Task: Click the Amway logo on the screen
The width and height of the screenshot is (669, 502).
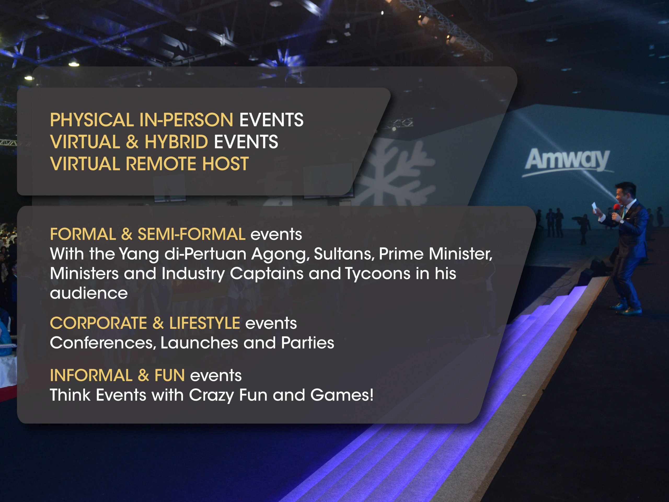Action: click(x=568, y=161)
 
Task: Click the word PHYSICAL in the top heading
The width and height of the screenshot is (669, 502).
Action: click(x=92, y=120)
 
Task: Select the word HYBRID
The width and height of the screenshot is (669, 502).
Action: click(x=176, y=142)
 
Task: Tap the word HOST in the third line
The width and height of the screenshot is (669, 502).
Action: click(x=225, y=164)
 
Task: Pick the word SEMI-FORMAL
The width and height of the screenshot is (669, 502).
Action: click(x=192, y=234)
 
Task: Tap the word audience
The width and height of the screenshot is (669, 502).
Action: click(x=89, y=293)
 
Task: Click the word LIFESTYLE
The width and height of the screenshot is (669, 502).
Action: click(x=205, y=323)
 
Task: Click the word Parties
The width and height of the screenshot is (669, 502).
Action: click(x=308, y=343)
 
